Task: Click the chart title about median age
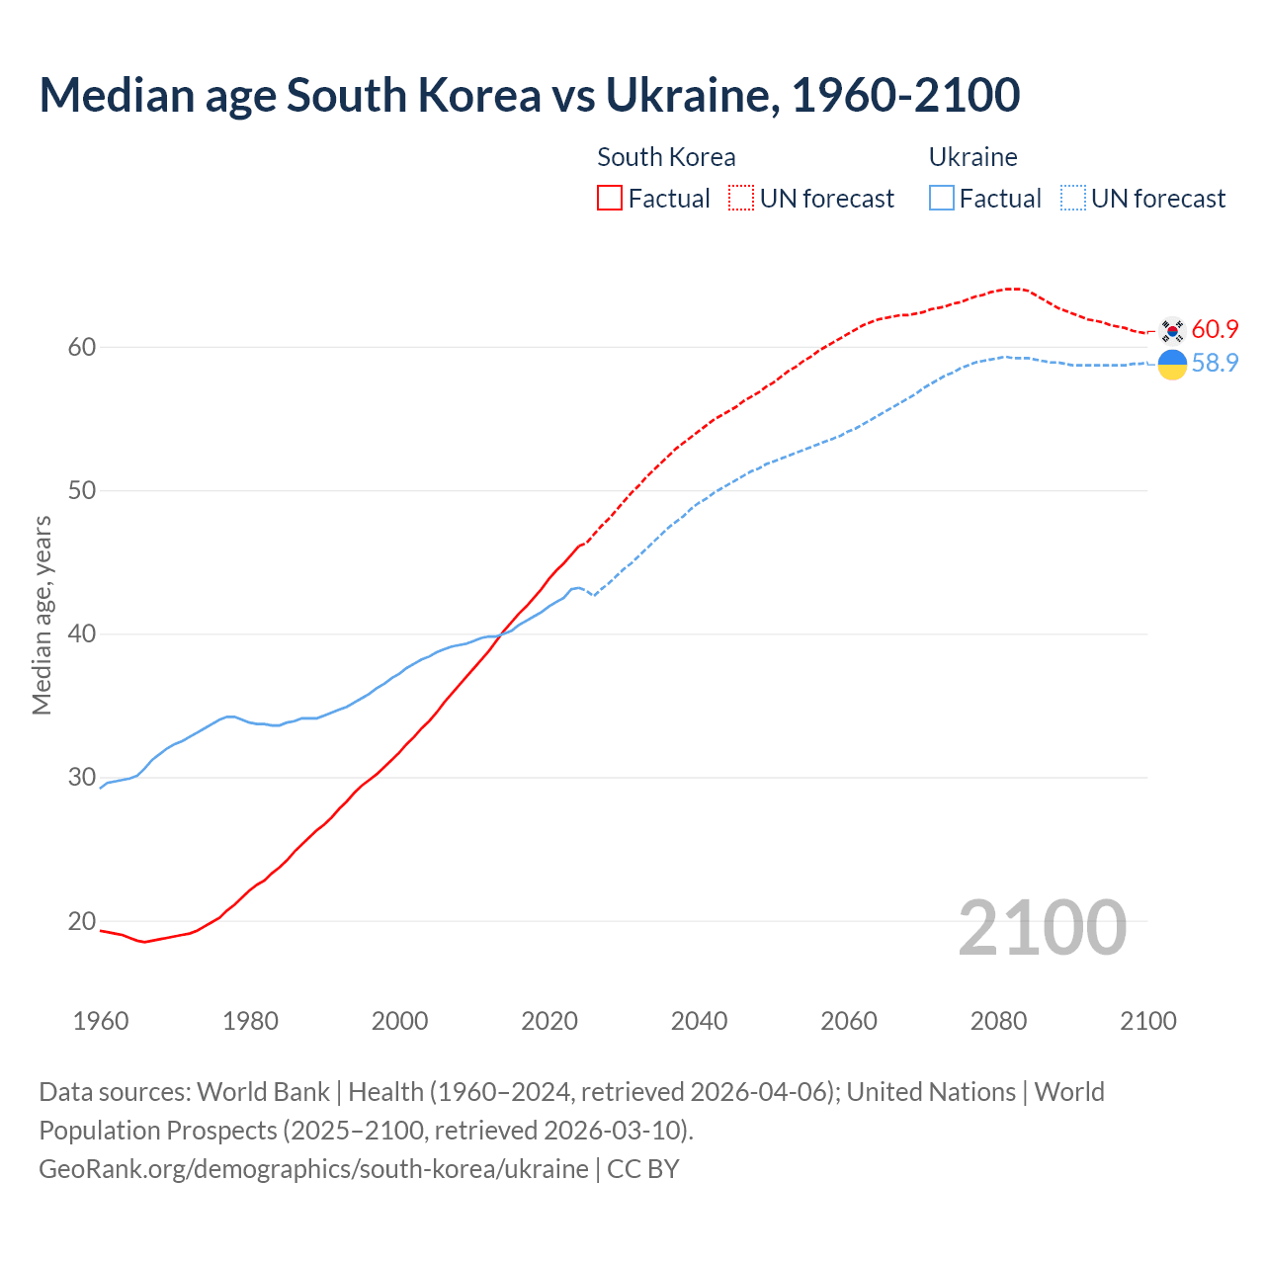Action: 529,96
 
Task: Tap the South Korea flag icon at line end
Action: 1172,329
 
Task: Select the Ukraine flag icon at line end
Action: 1172,364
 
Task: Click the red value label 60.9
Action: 1215,329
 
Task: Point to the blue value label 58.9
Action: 1215,364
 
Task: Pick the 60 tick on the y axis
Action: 82,347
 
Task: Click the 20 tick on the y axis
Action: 82,921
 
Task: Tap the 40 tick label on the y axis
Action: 82,633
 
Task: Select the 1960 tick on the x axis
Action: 101,1021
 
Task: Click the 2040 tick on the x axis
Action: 699,1021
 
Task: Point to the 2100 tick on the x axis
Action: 1147,1021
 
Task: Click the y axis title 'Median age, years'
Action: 42,615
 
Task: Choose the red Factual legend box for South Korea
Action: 610,199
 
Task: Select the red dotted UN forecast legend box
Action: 741,199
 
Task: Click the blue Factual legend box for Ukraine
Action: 942,199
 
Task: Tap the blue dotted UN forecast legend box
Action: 1072,199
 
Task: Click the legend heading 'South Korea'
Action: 666,157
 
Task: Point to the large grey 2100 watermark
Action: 1042,927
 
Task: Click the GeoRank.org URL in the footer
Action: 313,1169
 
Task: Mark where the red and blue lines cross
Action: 500,635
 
